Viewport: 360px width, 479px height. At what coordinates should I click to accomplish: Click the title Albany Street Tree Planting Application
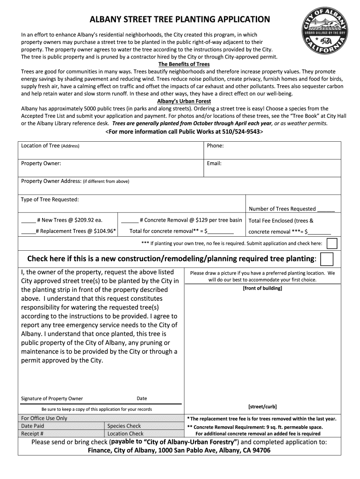tap(180, 20)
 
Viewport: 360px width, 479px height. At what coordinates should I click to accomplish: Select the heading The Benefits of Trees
tap(184, 64)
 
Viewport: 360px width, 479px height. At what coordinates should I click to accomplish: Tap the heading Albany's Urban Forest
tap(184, 101)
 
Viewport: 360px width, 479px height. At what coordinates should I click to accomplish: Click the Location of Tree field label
tap(50, 146)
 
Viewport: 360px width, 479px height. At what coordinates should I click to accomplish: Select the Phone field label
tap(215, 146)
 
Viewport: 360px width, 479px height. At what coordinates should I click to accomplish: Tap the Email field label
tap(214, 164)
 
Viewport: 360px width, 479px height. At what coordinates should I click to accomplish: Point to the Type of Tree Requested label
tap(50, 199)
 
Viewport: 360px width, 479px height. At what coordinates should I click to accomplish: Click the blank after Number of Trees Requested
tap(326, 209)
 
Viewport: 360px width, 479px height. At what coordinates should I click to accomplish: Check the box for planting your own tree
tap(331, 244)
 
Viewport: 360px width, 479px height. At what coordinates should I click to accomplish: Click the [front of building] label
tap(262, 288)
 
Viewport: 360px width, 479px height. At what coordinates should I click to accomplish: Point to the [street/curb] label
tap(262, 406)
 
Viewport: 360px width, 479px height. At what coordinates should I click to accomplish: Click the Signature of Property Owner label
tap(52, 399)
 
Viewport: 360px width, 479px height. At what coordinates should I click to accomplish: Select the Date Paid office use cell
tap(33, 426)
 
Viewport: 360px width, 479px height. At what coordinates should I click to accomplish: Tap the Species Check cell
tap(124, 426)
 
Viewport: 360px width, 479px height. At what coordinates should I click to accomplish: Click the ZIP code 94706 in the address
tap(259, 450)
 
